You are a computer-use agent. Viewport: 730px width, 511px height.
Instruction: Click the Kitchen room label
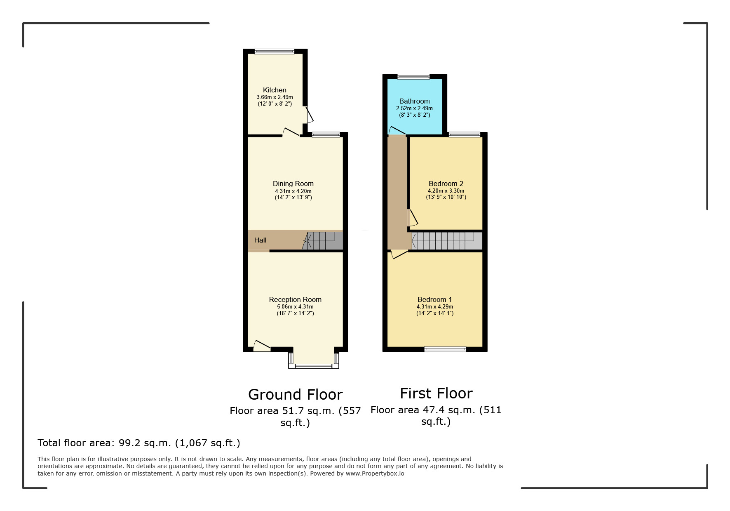coord(275,90)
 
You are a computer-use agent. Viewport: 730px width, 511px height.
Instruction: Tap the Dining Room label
coord(293,184)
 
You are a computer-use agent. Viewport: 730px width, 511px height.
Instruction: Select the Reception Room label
coord(295,299)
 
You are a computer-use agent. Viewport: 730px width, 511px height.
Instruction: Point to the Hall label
coord(260,240)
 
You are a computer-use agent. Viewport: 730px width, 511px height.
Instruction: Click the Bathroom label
coord(414,101)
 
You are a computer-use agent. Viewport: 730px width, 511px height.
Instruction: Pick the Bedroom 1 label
coord(435,299)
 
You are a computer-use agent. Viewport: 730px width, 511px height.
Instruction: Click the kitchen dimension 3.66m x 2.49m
coord(275,97)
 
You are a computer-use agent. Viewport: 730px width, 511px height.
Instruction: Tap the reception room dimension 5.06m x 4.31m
coord(295,307)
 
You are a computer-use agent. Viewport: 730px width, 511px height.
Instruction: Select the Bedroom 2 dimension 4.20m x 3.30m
coord(446,191)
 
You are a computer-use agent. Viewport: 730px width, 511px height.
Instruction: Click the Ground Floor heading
coord(295,395)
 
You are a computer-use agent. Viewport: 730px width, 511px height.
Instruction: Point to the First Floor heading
coord(436,393)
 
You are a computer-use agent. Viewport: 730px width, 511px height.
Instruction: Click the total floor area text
coord(139,443)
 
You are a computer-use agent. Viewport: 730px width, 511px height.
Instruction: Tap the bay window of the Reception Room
coord(314,365)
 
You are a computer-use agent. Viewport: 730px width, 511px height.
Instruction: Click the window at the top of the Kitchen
coord(275,52)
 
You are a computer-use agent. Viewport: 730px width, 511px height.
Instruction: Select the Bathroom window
coord(413,76)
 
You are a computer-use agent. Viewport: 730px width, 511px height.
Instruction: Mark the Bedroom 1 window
coord(445,349)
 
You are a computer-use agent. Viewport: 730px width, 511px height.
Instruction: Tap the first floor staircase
coord(447,241)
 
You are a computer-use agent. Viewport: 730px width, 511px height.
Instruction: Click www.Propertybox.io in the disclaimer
coord(375,473)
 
